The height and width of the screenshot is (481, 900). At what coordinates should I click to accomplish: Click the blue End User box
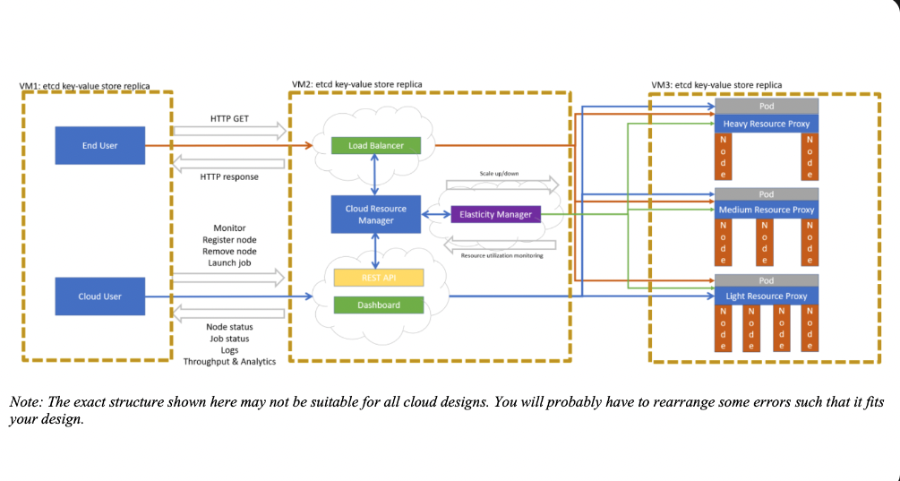[99, 145]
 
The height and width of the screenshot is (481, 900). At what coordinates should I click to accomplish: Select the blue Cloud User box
[99, 296]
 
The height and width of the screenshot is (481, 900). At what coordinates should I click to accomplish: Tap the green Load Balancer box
[375, 145]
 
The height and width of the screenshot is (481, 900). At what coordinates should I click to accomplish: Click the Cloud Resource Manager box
[375, 214]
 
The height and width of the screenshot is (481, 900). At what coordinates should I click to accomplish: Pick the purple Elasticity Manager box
[495, 214]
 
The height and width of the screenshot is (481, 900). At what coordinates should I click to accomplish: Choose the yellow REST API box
[378, 278]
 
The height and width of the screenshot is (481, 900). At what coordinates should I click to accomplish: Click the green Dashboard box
[378, 305]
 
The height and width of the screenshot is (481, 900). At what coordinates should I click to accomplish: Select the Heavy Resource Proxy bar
[766, 124]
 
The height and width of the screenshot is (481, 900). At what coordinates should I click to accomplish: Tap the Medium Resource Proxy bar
[766, 210]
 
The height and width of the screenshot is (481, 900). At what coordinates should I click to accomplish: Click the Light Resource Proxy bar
[766, 296]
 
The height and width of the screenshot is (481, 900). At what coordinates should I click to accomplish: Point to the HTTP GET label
[229, 117]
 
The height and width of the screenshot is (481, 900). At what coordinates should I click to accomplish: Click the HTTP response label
[229, 176]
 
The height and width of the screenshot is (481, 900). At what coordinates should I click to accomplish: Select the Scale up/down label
[501, 173]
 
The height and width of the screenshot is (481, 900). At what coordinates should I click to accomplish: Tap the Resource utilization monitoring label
[501, 255]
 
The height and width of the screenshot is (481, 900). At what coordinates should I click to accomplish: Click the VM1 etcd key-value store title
[85, 86]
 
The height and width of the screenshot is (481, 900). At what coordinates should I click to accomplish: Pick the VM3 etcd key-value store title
[716, 85]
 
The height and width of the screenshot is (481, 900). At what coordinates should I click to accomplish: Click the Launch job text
[229, 263]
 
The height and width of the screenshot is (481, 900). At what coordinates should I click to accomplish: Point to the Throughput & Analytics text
[229, 361]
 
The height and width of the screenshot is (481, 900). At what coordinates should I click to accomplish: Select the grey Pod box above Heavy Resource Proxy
[766, 107]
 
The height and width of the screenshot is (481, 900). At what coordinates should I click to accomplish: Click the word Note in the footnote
[22, 401]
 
